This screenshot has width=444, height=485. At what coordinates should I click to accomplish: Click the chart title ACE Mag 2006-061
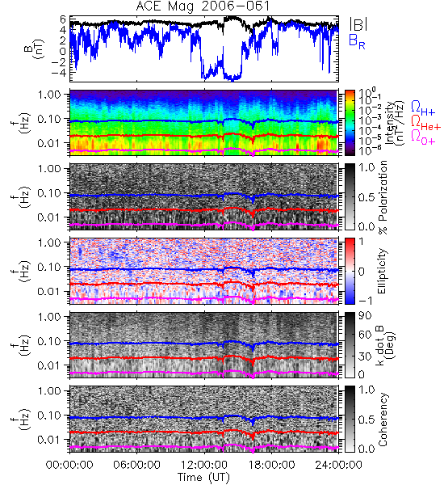[203, 6]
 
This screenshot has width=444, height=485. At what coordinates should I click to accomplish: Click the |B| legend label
[358, 24]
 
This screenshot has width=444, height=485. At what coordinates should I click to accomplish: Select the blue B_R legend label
[357, 41]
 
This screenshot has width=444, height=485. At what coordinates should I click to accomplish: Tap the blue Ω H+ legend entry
[423, 108]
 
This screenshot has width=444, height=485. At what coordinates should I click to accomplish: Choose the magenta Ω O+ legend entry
[423, 137]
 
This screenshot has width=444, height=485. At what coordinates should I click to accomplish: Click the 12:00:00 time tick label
[204, 465]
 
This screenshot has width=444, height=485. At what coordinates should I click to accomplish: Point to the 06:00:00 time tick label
[136, 465]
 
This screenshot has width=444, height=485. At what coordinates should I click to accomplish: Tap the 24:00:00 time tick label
[338, 465]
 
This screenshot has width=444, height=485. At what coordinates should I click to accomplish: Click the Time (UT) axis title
[204, 477]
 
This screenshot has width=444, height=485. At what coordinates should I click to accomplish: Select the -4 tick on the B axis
[58, 73]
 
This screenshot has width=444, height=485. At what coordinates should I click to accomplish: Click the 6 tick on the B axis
[63, 19]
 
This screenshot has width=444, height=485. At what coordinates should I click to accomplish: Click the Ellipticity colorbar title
[383, 272]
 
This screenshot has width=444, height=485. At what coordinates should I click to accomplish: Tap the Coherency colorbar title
[383, 420]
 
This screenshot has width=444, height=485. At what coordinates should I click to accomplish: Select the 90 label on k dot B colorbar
[365, 315]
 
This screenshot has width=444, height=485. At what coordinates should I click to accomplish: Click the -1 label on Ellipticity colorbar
[364, 301]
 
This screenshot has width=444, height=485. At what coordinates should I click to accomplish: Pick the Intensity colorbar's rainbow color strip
[350, 123]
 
